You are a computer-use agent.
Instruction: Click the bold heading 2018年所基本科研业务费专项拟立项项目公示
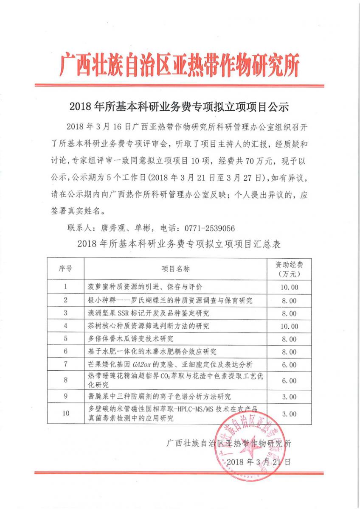point(180,106)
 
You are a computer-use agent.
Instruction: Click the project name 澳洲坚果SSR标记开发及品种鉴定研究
point(148,313)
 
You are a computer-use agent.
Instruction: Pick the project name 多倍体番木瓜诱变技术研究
point(131,339)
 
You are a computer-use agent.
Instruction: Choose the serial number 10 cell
point(66,413)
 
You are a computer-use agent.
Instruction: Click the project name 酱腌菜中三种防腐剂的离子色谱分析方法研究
point(160,397)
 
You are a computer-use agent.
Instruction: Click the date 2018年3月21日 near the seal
point(259,462)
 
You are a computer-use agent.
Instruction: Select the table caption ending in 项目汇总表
point(180,244)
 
